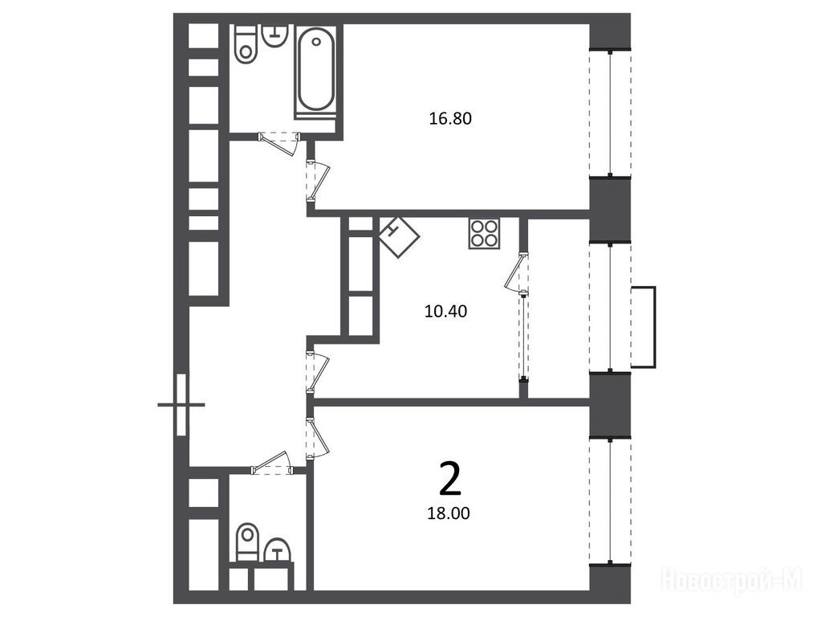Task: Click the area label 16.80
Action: tap(450, 118)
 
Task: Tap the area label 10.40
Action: tap(445, 311)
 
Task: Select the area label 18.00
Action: tap(449, 513)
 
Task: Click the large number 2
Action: tap(449, 480)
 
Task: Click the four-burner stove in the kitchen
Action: tap(484, 233)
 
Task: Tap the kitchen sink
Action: tap(399, 237)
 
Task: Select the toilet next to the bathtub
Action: tap(246, 43)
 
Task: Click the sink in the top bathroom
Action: tap(274, 36)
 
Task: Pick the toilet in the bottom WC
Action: tap(247, 542)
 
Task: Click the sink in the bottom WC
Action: tap(278, 550)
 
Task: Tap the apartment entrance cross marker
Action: tap(181, 404)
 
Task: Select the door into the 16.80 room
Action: tap(317, 181)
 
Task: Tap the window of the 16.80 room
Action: tap(610, 113)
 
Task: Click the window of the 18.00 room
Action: tap(610, 502)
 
